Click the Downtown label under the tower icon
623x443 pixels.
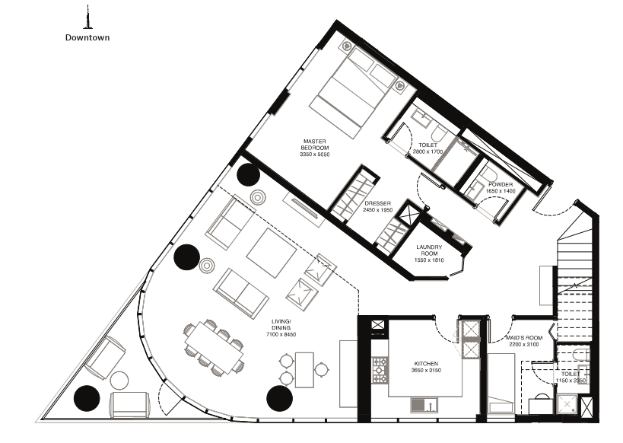coord(87,37)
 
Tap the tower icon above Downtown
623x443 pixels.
coord(87,17)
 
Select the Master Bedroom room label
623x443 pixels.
coord(315,145)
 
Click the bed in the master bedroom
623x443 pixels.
coord(350,92)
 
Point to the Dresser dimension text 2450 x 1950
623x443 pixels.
coord(377,209)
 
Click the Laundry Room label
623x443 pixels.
coord(429,250)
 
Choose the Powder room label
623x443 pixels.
coord(501,184)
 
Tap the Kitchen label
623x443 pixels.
coord(426,364)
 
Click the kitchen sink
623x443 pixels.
coord(424,405)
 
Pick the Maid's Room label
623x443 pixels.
coord(524,338)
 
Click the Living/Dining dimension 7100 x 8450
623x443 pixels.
coord(281,334)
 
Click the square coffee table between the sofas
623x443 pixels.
coord(272,253)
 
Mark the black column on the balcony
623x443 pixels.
coord(87,398)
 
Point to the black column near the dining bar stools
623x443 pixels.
coord(280,398)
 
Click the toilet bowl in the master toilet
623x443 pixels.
coord(439,132)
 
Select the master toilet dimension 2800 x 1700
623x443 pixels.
coord(428,151)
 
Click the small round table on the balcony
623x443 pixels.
coord(119,381)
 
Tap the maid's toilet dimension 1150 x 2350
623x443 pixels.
coord(571,381)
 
